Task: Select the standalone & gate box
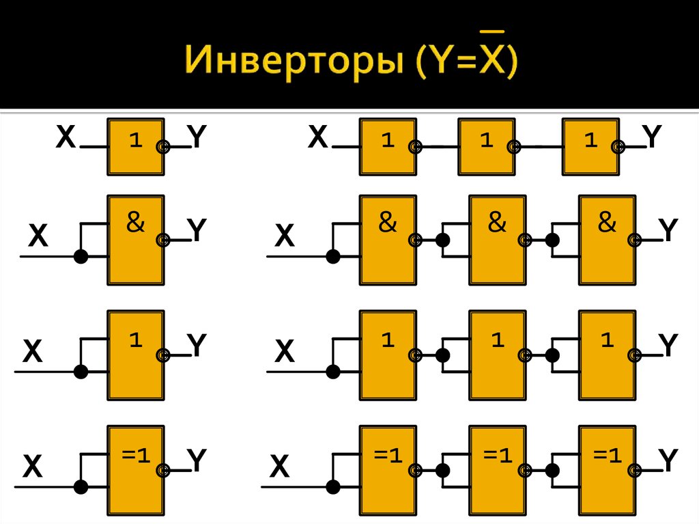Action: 135,240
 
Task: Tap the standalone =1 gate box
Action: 135,470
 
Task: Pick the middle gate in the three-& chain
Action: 497,240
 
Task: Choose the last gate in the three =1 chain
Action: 607,470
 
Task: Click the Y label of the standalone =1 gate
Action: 197,462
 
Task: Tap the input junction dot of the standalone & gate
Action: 81,257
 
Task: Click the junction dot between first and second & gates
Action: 442,240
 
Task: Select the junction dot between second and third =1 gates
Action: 552,470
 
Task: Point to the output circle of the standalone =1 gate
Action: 162,470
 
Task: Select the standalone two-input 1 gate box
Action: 135,355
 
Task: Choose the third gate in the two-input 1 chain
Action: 607,355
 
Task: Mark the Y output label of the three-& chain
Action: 668,231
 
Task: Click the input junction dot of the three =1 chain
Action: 333,487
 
